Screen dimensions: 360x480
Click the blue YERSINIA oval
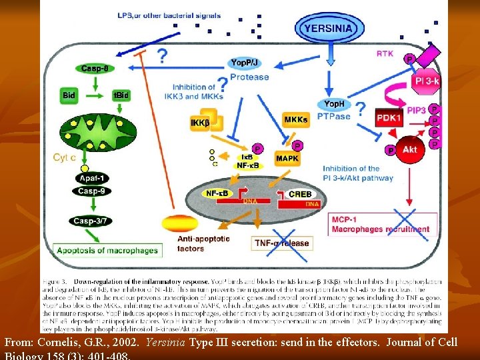(x=330, y=29)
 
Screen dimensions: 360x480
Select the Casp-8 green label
(x=96, y=69)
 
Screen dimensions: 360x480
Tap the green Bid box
(x=69, y=95)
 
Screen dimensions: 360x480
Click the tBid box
(x=120, y=95)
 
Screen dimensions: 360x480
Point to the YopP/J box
(x=245, y=62)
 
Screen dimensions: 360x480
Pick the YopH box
(x=333, y=104)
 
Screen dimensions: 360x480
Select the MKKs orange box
(x=296, y=120)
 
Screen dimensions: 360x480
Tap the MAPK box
(x=287, y=159)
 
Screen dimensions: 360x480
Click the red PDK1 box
(x=391, y=117)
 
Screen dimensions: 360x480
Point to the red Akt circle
(x=410, y=150)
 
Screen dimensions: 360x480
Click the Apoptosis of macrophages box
(x=107, y=251)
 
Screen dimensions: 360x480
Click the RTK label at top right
(x=385, y=53)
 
